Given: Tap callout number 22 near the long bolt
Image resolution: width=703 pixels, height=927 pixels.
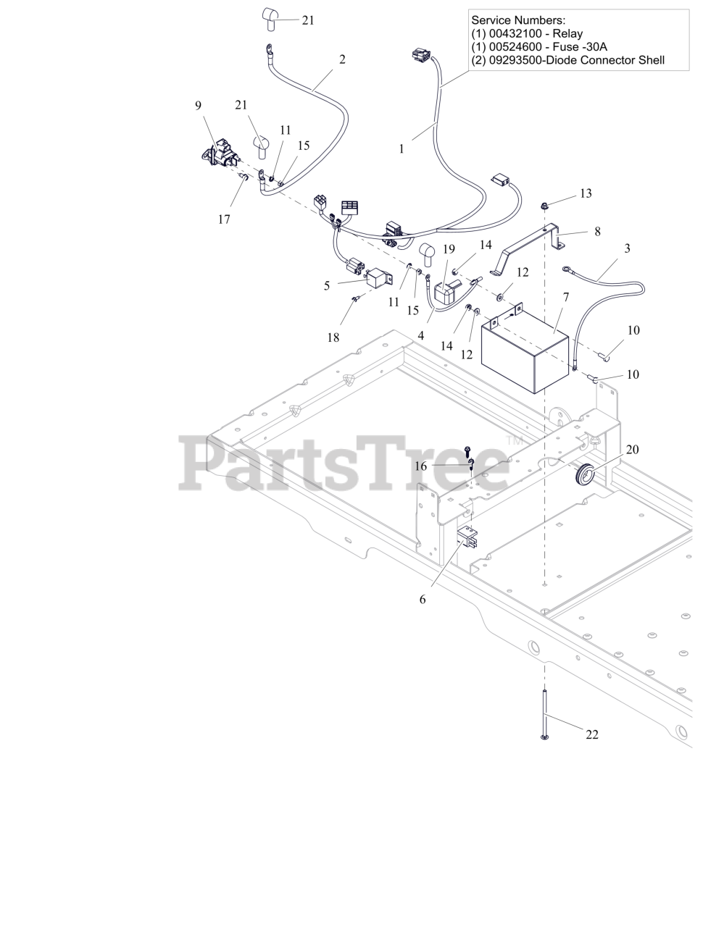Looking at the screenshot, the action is click(x=592, y=734).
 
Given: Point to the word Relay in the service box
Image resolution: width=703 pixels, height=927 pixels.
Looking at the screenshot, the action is click(x=567, y=34).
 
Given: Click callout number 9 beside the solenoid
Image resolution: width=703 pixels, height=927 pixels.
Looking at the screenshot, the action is click(x=198, y=106).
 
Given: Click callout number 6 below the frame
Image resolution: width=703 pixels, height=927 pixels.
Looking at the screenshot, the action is click(x=423, y=599).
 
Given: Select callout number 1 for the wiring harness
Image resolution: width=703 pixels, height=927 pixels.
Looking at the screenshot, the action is click(x=401, y=148).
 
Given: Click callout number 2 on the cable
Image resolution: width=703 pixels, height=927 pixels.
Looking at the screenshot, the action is click(x=342, y=59).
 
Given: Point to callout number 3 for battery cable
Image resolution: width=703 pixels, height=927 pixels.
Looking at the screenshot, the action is click(x=627, y=248).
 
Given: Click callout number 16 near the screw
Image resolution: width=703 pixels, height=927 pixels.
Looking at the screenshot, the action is click(x=421, y=466).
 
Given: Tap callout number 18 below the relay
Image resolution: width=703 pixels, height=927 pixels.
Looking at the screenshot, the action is click(x=333, y=337).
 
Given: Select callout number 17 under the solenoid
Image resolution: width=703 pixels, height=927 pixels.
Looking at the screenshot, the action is click(x=224, y=219).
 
